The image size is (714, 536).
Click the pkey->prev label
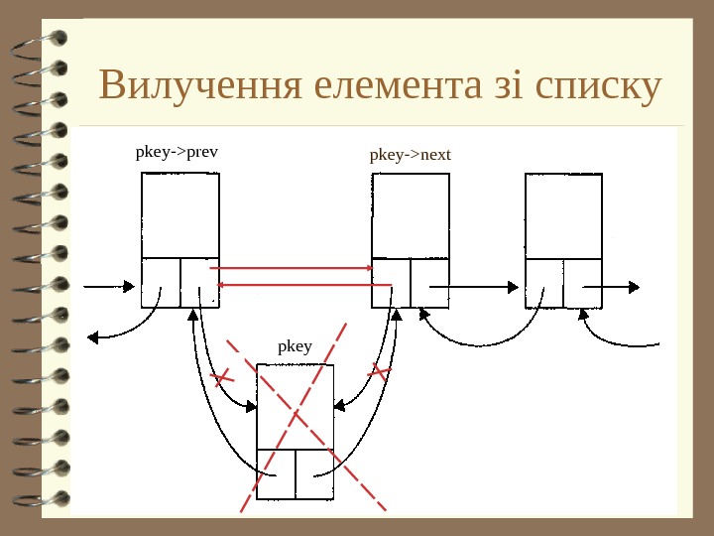pyautogui.click(x=177, y=152)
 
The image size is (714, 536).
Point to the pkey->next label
pyautogui.click(x=411, y=155)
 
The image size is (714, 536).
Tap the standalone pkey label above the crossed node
pyautogui.click(x=295, y=346)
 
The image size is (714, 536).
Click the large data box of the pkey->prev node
pyautogui.click(x=180, y=215)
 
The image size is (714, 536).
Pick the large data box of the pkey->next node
pyautogui.click(x=411, y=215)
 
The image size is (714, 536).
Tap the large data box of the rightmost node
pyautogui.click(x=563, y=215)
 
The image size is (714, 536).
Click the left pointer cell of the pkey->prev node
pyautogui.click(x=161, y=283)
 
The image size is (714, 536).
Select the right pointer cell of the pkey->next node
pyautogui.click(x=430, y=283)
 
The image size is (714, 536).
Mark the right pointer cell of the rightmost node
pyautogui.click(x=583, y=283)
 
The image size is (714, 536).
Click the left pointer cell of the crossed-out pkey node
pyautogui.click(x=276, y=473)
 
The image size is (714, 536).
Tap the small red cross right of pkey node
pyautogui.click(x=379, y=371)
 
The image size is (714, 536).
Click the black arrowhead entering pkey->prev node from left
pyautogui.click(x=128, y=286)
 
